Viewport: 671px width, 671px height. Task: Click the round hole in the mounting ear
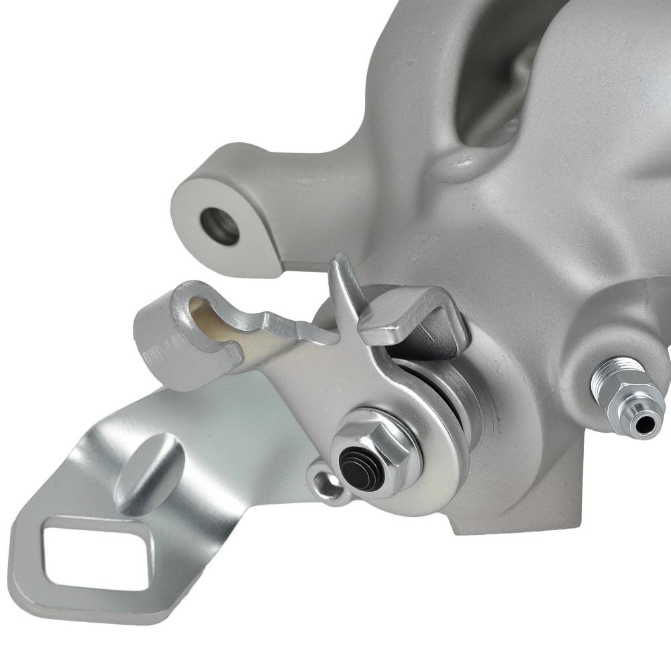[220, 225]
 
